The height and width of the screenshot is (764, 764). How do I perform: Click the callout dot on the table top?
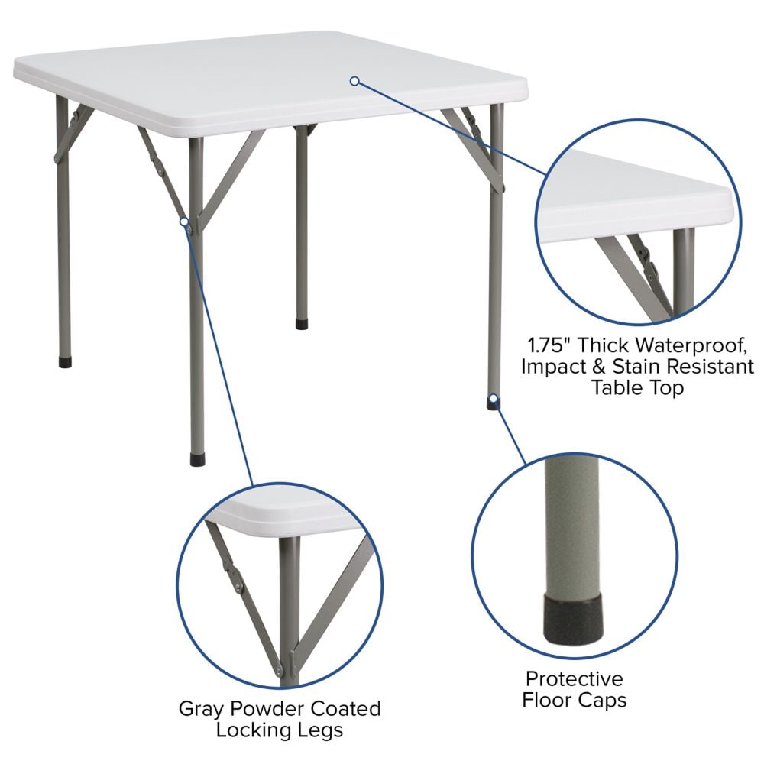[x=354, y=81]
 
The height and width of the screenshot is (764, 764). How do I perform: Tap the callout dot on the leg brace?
[x=184, y=222]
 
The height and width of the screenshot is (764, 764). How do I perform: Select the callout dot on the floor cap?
[x=494, y=398]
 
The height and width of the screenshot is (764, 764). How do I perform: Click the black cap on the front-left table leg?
[x=197, y=460]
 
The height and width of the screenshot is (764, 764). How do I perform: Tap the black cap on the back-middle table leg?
[x=302, y=324]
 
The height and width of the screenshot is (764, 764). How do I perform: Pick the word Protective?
[x=574, y=678]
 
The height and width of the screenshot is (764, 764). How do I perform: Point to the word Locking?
[x=256, y=730]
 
